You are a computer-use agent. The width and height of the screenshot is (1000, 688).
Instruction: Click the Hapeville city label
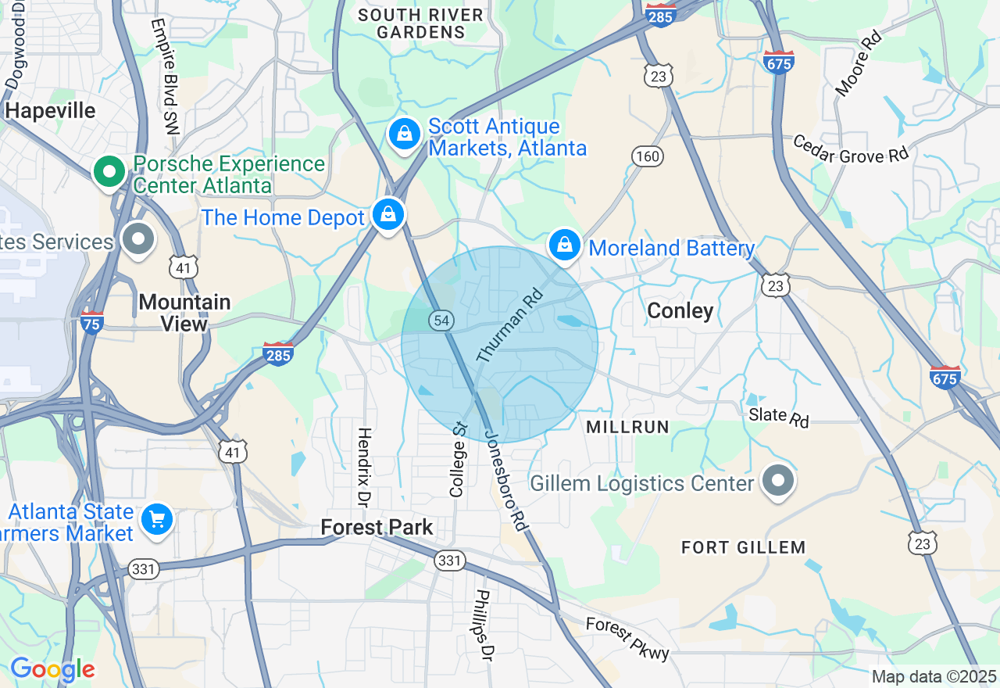tap(50, 110)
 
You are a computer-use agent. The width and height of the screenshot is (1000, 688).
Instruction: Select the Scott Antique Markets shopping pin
tap(405, 134)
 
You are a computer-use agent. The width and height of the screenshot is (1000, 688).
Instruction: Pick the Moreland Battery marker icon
tap(564, 246)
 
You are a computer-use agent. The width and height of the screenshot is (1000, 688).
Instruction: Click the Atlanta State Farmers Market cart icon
tap(156, 519)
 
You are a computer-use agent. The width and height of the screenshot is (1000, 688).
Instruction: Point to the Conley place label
tap(680, 311)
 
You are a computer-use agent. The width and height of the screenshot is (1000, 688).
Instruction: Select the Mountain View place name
tap(184, 313)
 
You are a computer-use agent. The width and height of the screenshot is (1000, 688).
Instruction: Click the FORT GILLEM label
tap(743, 547)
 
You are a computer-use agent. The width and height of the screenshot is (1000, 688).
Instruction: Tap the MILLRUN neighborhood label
tap(627, 427)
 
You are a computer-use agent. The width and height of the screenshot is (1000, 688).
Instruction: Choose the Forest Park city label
tap(377, 528)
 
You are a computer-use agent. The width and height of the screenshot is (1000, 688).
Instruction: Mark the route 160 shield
tap(648, 156)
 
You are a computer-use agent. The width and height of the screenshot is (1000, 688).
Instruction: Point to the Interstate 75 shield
tap(92, 321)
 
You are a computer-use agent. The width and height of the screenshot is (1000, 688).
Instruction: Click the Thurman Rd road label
tap(509, 327)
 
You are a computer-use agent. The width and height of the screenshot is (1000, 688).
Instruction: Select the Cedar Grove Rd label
tap(851, 149)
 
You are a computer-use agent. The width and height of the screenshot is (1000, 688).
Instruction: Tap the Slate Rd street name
tap(778, 417)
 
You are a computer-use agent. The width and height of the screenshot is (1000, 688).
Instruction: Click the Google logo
tap(52, 670)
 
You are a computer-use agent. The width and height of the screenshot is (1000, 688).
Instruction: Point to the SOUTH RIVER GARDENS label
tap(422, 23)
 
